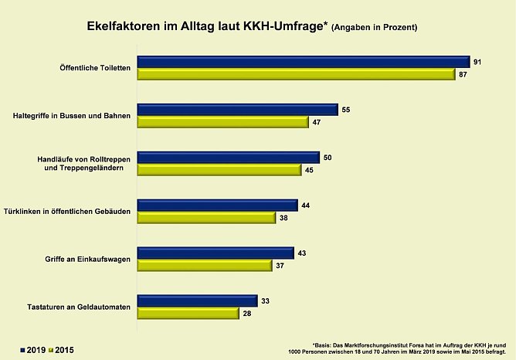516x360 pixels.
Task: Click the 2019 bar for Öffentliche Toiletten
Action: tap(303, 62)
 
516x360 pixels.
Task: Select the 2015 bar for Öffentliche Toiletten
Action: tap(295, 74)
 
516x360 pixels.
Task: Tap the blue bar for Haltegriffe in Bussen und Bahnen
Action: tap(237, 110)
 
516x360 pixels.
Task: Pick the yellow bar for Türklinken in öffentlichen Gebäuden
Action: tap(206, 218)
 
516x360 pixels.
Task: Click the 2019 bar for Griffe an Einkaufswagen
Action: tap(216, 253)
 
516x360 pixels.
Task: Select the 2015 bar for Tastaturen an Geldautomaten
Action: tap(188, 313)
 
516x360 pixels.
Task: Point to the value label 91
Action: tap(479, 62)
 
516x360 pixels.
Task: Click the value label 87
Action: tap(463, 75)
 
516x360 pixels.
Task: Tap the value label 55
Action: tap(346, 110)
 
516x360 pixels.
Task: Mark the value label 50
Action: tap(328, 158)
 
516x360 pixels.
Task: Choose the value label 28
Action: tap(247, 314)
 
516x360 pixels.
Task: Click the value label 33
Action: tap(266, 301)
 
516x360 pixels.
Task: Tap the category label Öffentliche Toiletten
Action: tap(93, 69)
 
